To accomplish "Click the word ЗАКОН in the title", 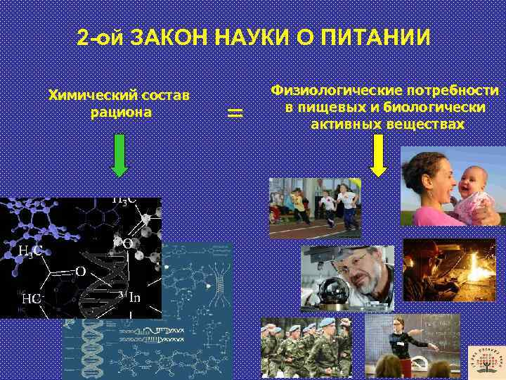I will click(x=167, y=38).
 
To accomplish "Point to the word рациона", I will click(x=121, y=111).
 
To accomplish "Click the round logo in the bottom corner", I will click(x=486, y=360).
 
